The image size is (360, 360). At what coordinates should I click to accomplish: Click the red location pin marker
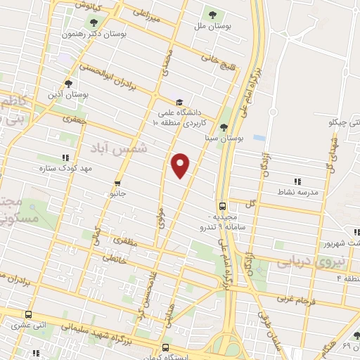(x=181, y=165)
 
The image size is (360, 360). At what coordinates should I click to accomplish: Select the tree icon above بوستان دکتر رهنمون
(x=94, y=22)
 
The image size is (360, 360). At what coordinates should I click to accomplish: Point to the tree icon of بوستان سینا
(x=224, y=127)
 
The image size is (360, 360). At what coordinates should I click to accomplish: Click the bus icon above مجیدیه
(x=222, y=206)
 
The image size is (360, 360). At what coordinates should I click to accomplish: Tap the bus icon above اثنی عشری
(x=29, y=314)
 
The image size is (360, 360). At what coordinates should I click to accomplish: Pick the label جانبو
(x=115, y=193)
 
